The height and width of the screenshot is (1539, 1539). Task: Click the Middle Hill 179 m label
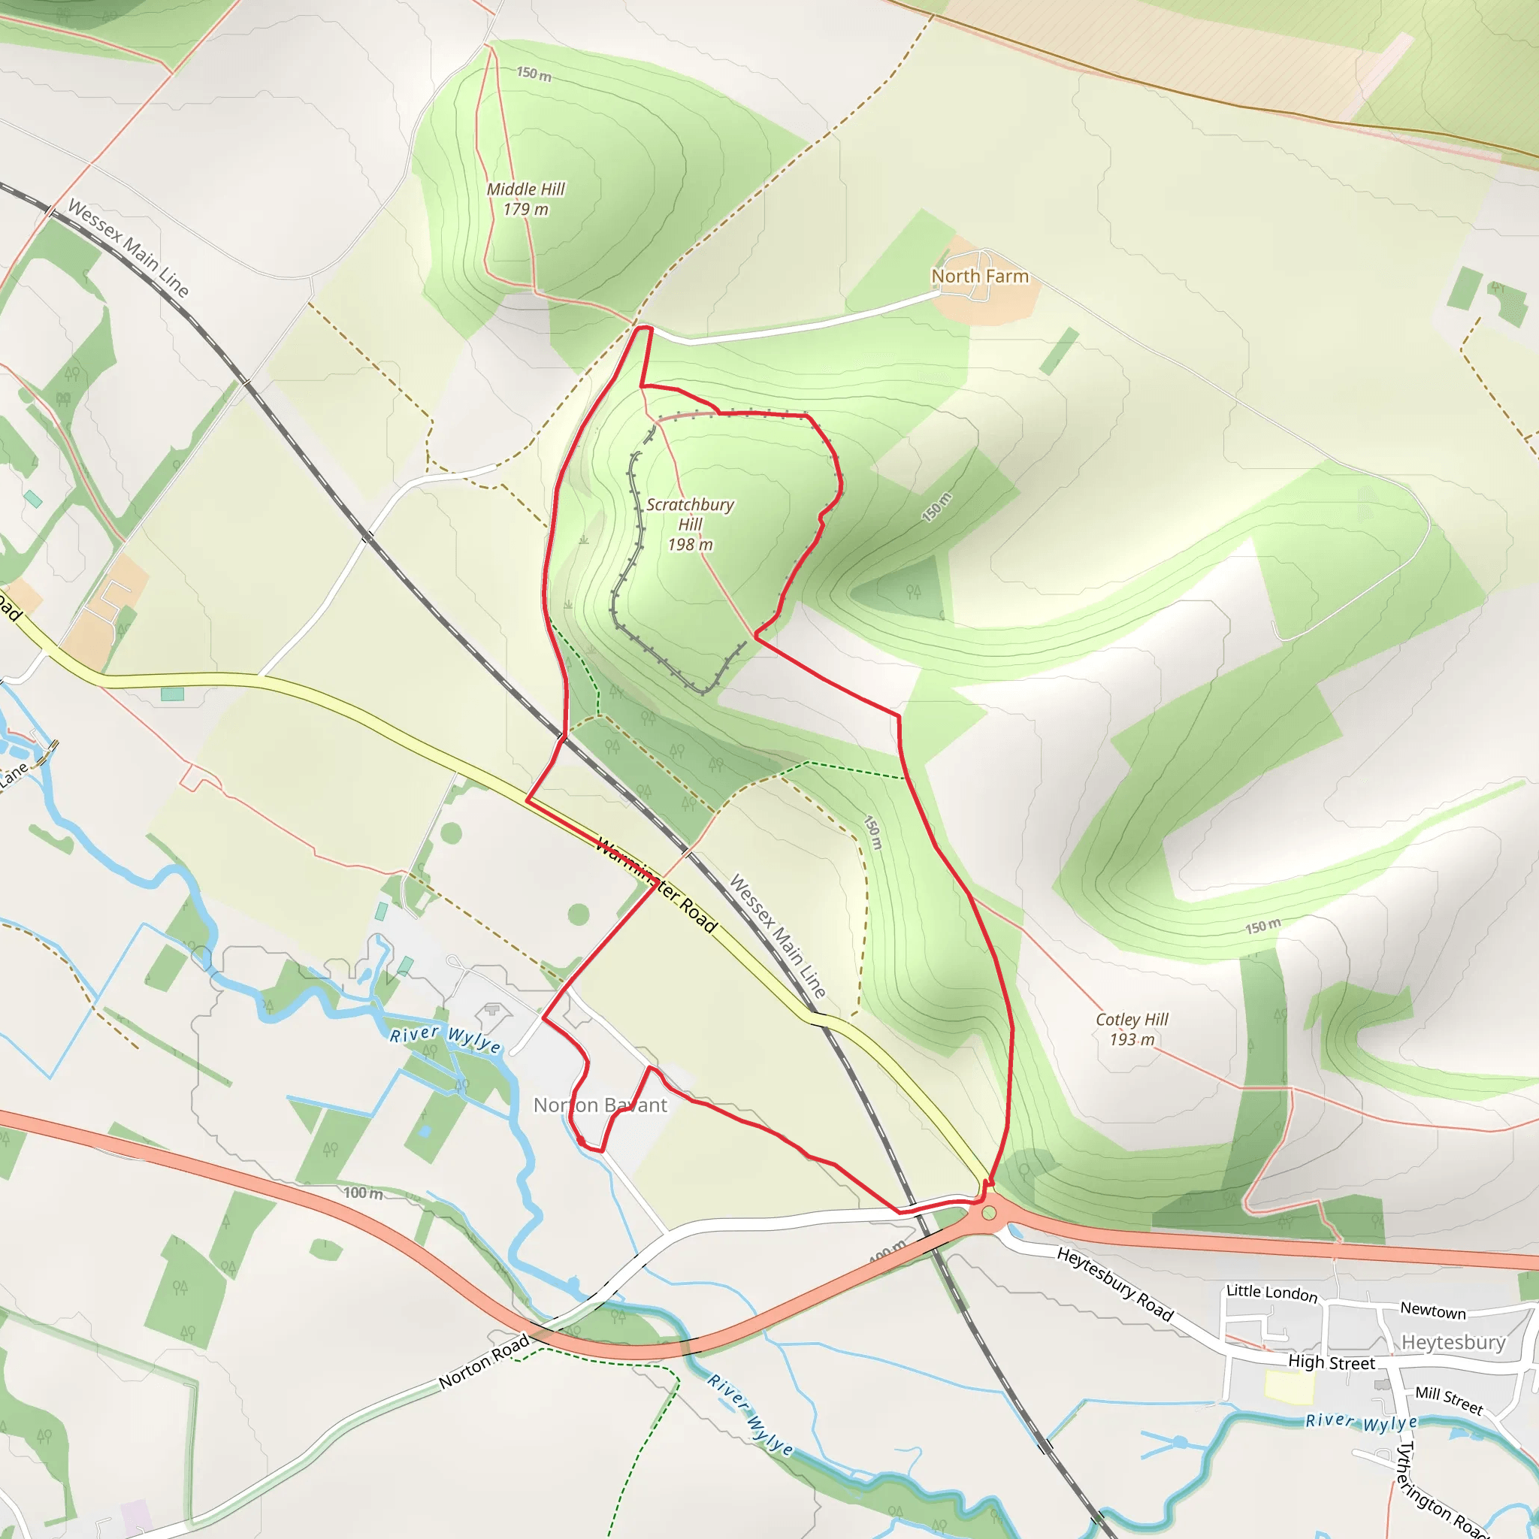click(x=526, y=199)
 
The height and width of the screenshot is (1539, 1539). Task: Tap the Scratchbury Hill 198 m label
click(x=690, y=525)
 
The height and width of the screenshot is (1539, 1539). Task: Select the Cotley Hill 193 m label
click(x=1131, y=1030)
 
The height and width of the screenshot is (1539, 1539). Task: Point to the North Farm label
click(x=980, y=277)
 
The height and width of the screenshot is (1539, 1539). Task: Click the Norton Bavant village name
click(x=600, y=1105)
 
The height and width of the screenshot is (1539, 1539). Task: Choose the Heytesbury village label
click(x=1453, y=1342)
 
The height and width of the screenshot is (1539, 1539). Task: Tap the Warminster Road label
click(x=656, y=885)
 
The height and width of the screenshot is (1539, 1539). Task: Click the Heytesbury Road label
click(x=1114, y=1284)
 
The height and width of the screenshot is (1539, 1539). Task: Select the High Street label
click(x=1331, y=1363)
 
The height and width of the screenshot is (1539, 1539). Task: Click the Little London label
click(x=1271, y=1292)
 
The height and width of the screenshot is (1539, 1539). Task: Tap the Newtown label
click(x=1433, y=1311)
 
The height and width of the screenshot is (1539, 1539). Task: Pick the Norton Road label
click(x=485, y=1362)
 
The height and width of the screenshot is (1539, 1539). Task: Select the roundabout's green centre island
click(x=990, y=1213)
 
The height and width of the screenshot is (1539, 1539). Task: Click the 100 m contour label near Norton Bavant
click(x=363, y=1193)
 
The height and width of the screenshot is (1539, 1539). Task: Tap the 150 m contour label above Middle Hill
click(x=534, y=74)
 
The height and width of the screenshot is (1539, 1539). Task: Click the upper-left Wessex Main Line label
click(x=129, y=249)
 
